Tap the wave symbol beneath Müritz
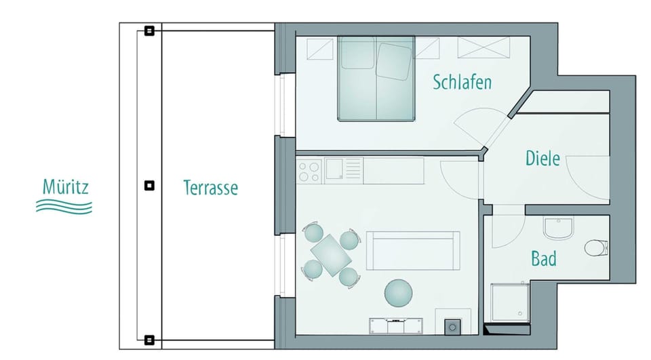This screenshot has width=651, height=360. click(x=64, y=206)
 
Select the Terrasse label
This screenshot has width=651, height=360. click(x=211, y=187)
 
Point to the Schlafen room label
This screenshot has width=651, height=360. click(x=462, y=83)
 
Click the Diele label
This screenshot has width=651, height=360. click(x=542, y=159)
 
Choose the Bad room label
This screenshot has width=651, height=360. click(x=543, y=258)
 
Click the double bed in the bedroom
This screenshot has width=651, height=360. click(x=376, y=78)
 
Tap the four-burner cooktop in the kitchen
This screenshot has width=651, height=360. click(x=309, y=170)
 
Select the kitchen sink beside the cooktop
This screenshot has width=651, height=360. click(x=335, y=169)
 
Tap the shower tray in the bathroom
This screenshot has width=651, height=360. click(x=509, y=304)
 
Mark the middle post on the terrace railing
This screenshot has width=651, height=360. click(x=149, y=185)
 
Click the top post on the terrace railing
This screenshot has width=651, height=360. click(x=149, y=31)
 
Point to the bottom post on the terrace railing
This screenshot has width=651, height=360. click(x=149, y=340)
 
